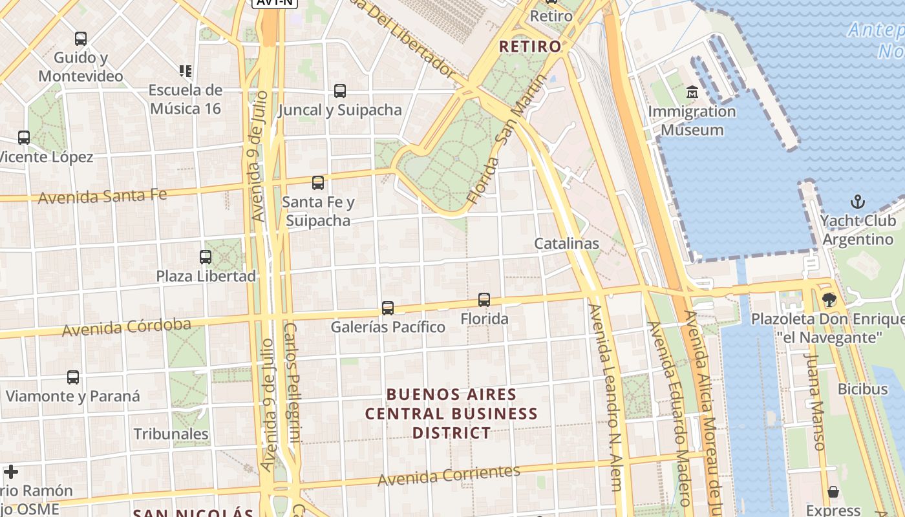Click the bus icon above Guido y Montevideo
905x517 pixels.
[x=81, y=39]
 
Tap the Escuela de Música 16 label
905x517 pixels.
[x=186, y=99]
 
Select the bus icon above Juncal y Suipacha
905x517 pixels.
[x=340, y=91]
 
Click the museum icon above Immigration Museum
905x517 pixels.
[x=692, y=92]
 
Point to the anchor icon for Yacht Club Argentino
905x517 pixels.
[x=858, y=202]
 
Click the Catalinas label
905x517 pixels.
[x=566, y=244]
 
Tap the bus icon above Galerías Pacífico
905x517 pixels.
[x=388, y=308]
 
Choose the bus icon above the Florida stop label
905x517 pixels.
[x=484, y=300]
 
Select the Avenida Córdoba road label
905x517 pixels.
[x=127, y=327]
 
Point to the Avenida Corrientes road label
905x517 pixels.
[x=449, y=476]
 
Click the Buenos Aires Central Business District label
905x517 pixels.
[x=451, y=414]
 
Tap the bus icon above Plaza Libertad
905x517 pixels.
[x=206, y=257]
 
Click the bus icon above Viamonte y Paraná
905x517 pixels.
[x=73, y=377]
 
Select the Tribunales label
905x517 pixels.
[x=171, y=434]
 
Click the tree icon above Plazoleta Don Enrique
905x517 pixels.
[x=829, y=299]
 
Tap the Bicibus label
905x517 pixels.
[x=862, y=389]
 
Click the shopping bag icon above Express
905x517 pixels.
[x=833, y=492]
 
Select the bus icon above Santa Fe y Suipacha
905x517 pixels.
[x=318, y=183]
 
